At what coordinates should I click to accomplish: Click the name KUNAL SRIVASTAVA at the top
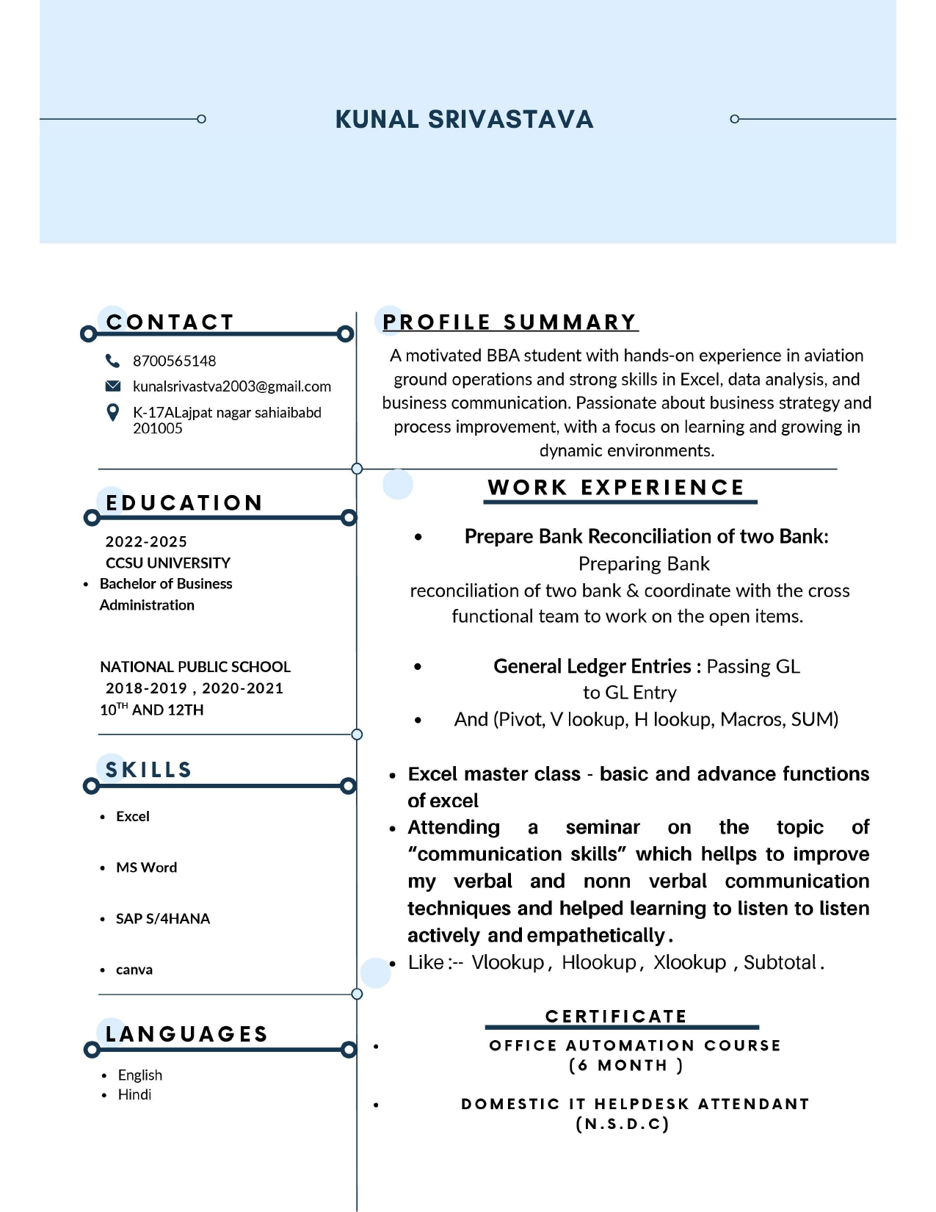click(464, 119)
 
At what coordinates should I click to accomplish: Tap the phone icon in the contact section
click(112, 361)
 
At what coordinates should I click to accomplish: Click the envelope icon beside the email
click(112, 386)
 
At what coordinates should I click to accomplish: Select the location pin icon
click(112, 413)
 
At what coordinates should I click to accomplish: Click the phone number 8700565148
click(174, 361)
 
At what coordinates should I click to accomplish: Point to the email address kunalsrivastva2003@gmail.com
click(231, 387)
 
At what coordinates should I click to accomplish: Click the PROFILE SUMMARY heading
click(509, 322)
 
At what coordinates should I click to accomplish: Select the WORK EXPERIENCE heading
click(616, 488)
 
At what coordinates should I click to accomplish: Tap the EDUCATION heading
click(184, 503)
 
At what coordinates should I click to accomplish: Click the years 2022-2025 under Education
click(146, 542)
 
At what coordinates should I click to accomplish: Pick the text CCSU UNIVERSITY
click(168, 563)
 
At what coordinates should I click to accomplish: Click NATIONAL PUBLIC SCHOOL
click(195, 667)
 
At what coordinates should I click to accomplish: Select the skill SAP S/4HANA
click(163, 919)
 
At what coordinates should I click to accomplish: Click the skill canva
click(134, 970)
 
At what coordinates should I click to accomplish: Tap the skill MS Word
click(146, 867)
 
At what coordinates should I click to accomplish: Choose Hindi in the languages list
click(134, 1094)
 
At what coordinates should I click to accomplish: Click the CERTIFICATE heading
click(616, 1017)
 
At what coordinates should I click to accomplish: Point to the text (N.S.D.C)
click(623, 1124)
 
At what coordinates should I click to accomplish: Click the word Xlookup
click(689, 962)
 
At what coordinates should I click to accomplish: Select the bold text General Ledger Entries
click(592, 666)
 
